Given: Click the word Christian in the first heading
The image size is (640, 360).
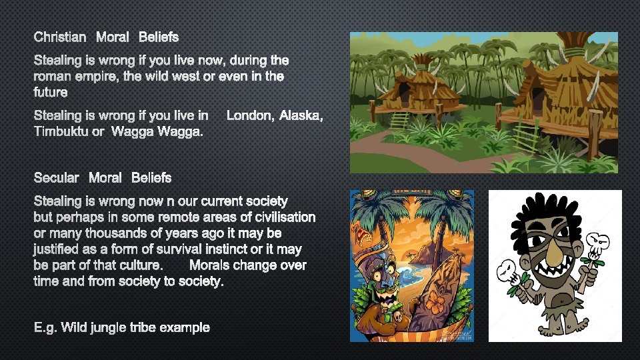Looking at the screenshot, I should click(x=60, y=37).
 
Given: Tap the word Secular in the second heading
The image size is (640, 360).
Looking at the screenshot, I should click(x=57, y=178).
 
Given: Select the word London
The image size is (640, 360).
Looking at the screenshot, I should click(x=249, y=116).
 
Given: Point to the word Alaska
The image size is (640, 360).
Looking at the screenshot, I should click(x=301, y=116).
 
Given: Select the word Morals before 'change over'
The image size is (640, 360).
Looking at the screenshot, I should click(x=213, y=265).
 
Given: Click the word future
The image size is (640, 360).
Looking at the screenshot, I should click(x=51, y=93).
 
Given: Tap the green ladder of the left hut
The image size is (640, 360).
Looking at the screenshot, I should click(x=399, y=120).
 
